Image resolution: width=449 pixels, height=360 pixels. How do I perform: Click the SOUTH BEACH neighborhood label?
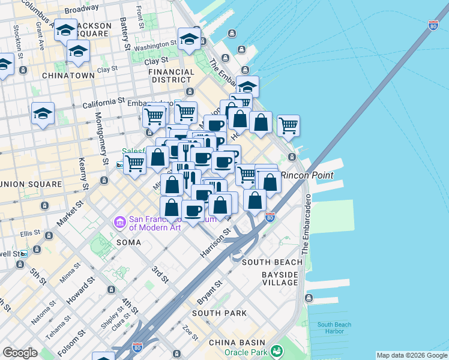click(270, 263)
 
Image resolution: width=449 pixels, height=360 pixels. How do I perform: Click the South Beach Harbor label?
click(334, 328)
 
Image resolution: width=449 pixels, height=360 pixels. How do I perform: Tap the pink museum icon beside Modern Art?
click(119, 223)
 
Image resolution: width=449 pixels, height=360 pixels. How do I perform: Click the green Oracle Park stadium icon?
click(277, 350)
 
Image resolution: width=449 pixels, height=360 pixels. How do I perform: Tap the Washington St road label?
click(155, 46)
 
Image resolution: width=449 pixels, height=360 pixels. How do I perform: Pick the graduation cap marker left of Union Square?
click(43, 113)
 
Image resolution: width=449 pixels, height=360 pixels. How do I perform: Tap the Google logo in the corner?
click(20, 353)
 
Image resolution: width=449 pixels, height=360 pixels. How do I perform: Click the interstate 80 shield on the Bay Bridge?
click(433, 25)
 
